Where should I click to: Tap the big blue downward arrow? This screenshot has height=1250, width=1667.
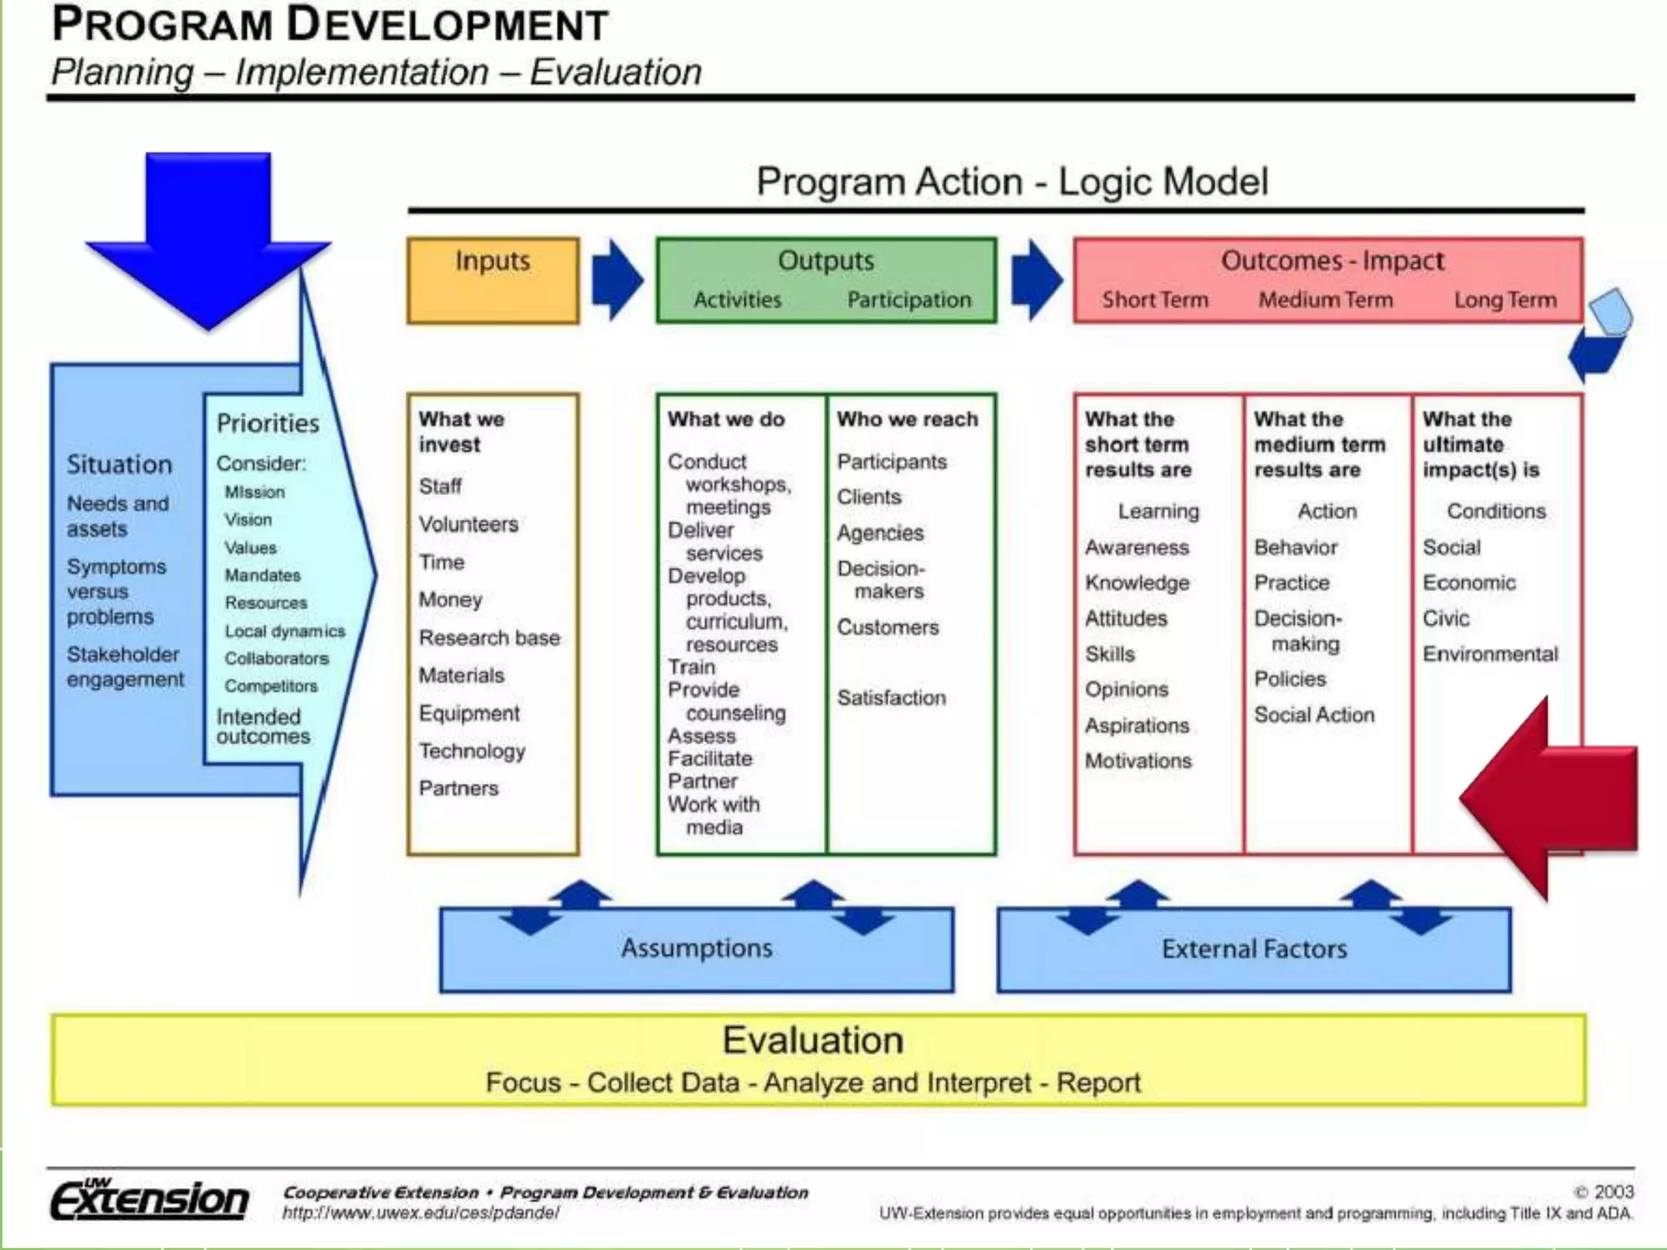click(x=208, y=236)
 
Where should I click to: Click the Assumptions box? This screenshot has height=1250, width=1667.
click(x=697, y=949)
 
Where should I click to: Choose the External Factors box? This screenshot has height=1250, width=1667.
click(x=1254, y=949)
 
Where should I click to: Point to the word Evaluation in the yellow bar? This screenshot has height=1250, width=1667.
click(x=813, y=1041)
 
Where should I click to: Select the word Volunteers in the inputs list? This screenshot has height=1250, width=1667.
click(x=468, y=524)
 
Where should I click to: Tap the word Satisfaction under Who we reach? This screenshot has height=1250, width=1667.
click(x=891, y=697)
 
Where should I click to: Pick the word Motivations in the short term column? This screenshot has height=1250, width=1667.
click(x=1138, y=761)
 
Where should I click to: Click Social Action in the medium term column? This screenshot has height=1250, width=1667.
click(x=1314, y=715)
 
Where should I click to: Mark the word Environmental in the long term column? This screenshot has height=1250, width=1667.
click(x=1490, y=653)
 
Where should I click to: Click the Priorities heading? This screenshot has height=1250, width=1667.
click(x=268, y=423)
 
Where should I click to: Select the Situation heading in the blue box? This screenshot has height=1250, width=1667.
click(x=120, y=465)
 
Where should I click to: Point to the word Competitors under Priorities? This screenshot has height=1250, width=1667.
click(x=271, y=686)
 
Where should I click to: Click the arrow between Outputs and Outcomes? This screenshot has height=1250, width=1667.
click(x=1036, y=280)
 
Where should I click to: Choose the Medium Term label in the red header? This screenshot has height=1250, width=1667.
click(x=1325, y=299)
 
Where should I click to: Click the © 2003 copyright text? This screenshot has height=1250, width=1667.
click(x=1604, y=1191)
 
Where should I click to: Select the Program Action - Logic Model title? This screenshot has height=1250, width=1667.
click(x=1012, y=181)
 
